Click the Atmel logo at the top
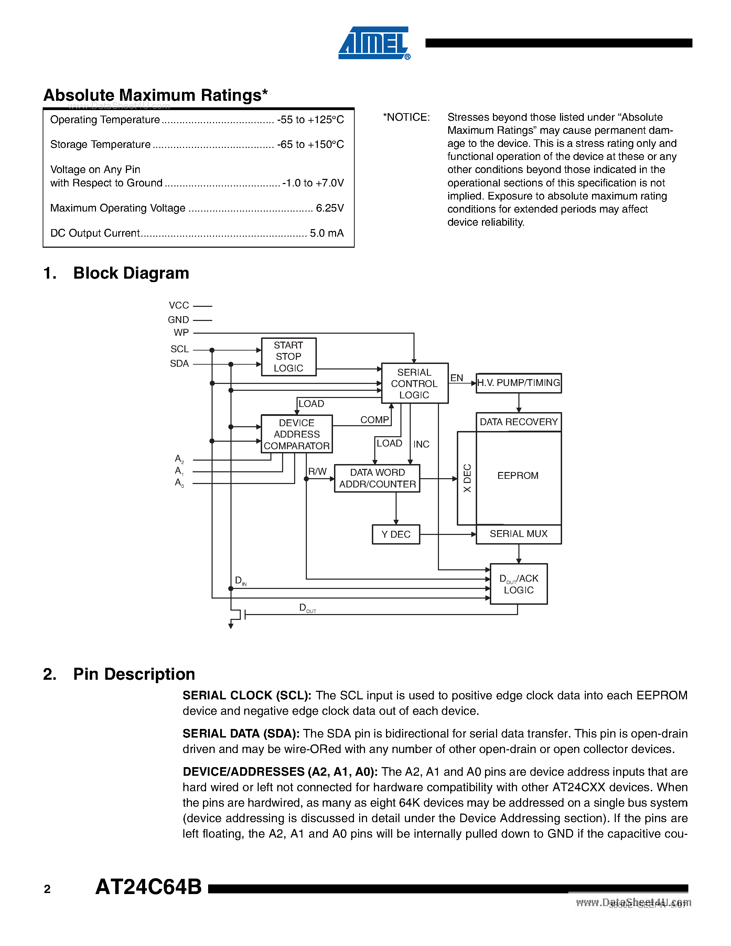[x=374, y=43]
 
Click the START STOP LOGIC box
[x=288, y=356]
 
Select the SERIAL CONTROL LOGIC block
[x=415, y=383]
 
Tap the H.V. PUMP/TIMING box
[x=518, y=383]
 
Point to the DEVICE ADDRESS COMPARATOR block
[x=297, y=434]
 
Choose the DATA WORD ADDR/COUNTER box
[x=377, y=478]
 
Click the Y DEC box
[x=396, y=534]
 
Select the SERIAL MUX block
[x=518, y=534]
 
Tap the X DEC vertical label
[x=467, y=478]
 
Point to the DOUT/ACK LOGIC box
[x=518, y=584]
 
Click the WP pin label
[x=181, y=333]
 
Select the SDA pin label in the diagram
[x=179, y=363]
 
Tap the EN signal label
[x=456, y=378]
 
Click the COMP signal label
[x=375, y=420]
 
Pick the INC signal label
[x=421, y=444]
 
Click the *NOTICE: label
[x=406, y=117]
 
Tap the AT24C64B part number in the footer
[x=149, y=886]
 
